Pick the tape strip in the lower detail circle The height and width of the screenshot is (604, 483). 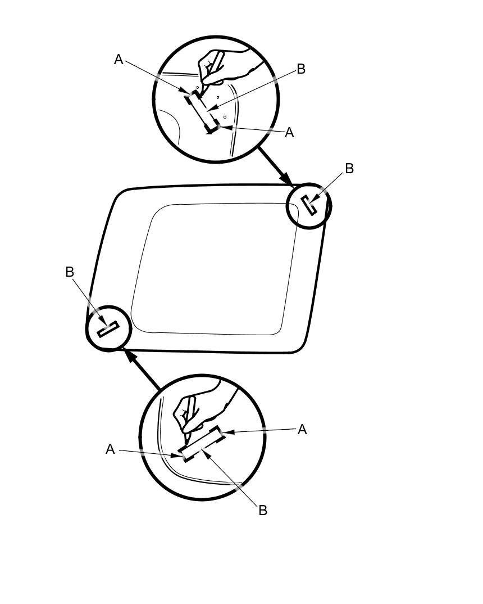click(202, 443)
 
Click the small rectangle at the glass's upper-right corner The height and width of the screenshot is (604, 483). click(309, 205)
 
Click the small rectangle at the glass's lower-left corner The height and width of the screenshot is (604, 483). click(108, 329)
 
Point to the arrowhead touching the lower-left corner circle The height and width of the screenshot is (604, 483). click(131, 357)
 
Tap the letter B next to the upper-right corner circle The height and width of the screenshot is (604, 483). click(349, 168)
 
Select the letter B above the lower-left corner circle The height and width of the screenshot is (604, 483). click(70, 272)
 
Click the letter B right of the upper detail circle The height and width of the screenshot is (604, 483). click(301, 69)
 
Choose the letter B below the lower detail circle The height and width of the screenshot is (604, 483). click(263, 511)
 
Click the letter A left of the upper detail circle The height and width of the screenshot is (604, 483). click(119, 59)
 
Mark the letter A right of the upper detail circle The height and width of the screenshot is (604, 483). click(289, 133)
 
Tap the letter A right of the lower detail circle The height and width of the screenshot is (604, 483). click(302, 430)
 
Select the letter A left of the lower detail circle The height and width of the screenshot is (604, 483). click(111, 449)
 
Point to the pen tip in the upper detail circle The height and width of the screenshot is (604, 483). click(201, 92)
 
